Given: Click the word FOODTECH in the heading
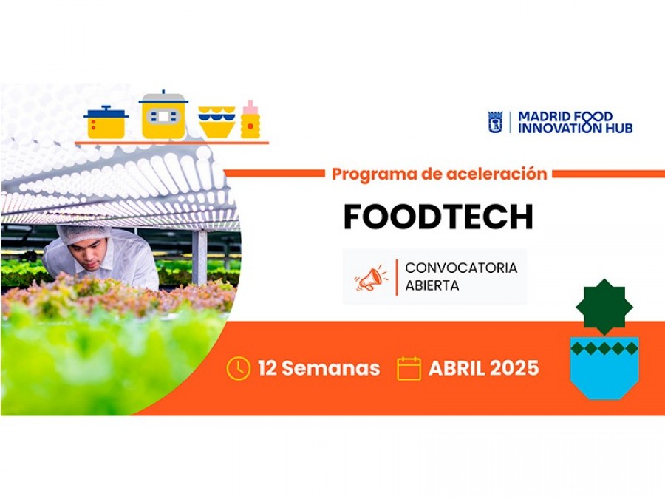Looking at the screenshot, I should [437, 217].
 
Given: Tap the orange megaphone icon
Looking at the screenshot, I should [371, 278].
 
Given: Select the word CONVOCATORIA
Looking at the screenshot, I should [461, 268].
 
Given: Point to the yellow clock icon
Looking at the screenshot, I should [238, 368].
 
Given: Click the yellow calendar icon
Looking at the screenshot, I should [409, 368].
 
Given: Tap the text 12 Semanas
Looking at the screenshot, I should [318, 368].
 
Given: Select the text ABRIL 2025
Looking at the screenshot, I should [483, 368].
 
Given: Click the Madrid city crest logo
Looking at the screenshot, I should [495, 122].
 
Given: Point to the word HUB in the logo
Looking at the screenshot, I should [618, 128].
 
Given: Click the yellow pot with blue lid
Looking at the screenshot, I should [106, 123].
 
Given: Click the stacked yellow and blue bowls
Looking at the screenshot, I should [217, 123].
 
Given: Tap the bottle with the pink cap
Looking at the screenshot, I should [250, 120].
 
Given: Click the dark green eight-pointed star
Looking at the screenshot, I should [604, 307].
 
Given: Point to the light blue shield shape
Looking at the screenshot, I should [604, 371].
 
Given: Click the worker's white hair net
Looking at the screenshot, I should [83, 234].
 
